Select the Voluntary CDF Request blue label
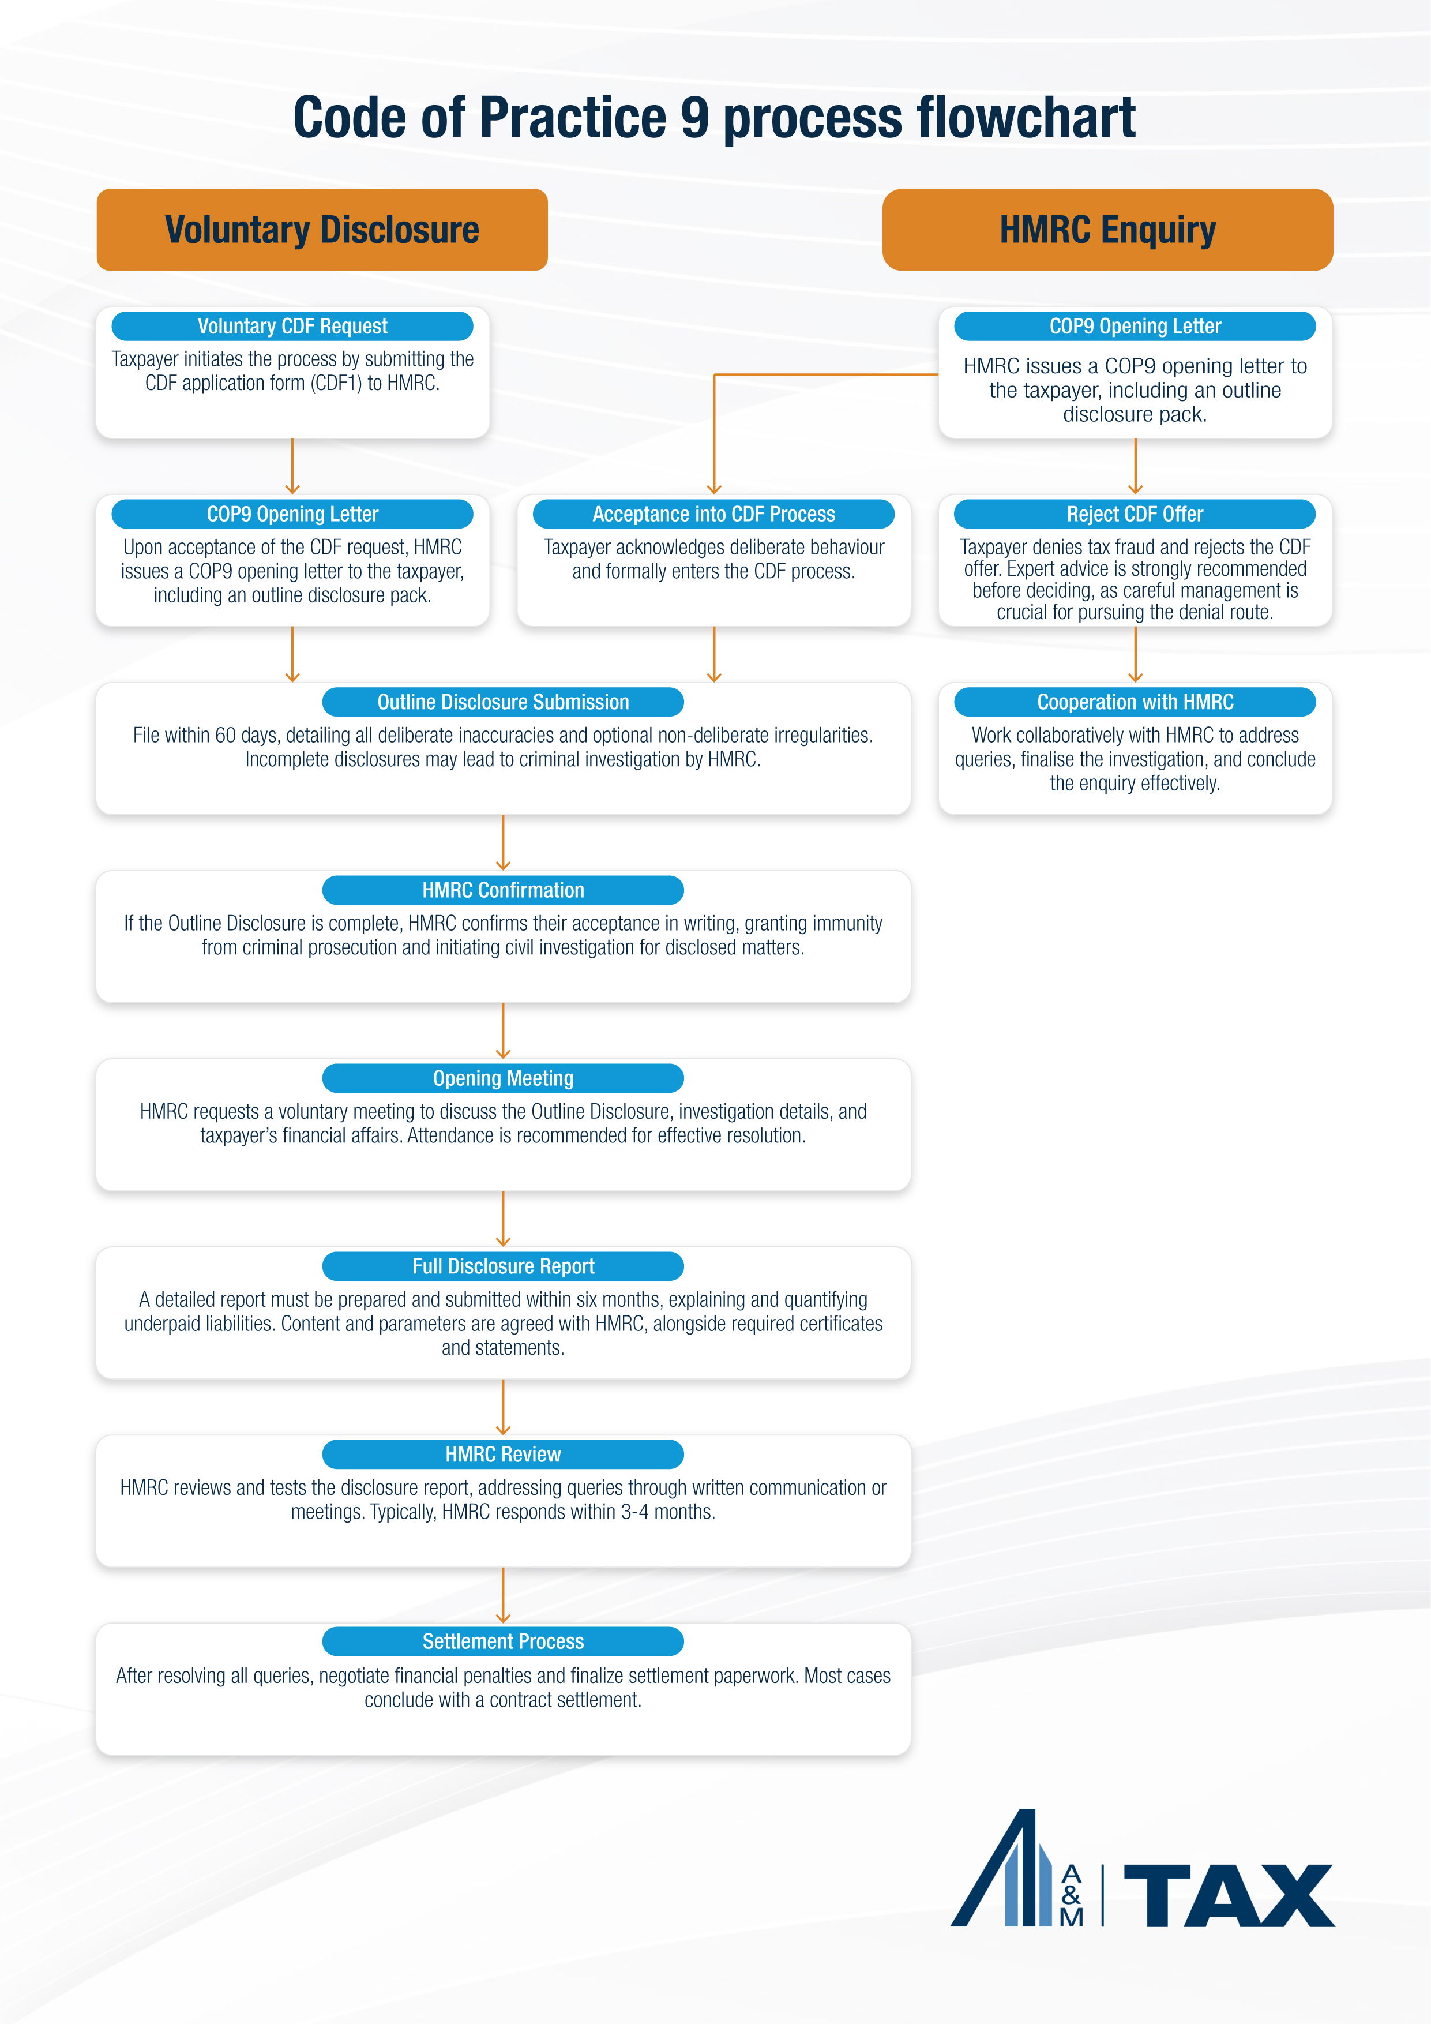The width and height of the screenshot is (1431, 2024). pos(292,326)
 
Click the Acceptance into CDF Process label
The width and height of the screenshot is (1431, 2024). pos(713,514)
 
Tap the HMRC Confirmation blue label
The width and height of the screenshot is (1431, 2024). pos(502,890)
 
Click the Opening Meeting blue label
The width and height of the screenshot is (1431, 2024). pos(502,1078)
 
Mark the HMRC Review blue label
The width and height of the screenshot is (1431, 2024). pos(502,1455)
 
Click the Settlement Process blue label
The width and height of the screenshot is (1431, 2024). pos(502,1641)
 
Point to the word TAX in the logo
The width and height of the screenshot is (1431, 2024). pos(1229,1896)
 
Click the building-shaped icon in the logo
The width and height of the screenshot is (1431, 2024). pos(1005,1873)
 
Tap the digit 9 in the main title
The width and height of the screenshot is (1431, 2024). pos(694,117)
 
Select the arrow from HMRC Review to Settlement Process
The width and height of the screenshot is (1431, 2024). pos(502,1595)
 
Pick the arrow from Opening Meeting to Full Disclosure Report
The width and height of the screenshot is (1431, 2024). pos(502,1219)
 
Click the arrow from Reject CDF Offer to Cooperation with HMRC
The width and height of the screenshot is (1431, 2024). pos(1135,654)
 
